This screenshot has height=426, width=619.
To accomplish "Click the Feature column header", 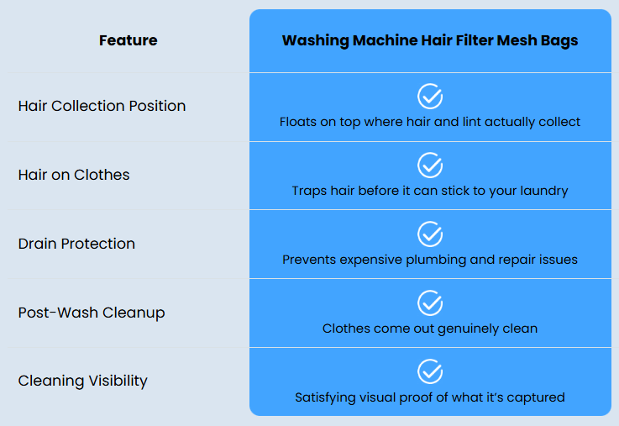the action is coord(128,40).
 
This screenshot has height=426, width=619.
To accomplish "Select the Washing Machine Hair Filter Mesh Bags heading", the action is coord(430,40).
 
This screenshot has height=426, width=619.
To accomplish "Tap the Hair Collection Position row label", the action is coord(102,106).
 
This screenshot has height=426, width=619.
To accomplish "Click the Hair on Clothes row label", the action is coord(74,175).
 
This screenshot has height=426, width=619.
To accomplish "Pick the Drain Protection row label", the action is coord(76,244).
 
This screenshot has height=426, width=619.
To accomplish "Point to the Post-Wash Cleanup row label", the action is coord(92,313).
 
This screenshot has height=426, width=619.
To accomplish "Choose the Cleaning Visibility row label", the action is coord(83,381).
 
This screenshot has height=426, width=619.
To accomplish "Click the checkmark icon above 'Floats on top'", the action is coord(430,96).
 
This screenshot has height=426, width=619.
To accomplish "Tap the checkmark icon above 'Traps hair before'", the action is coord(430,165).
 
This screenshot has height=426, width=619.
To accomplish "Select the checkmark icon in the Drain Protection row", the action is coord(430,234).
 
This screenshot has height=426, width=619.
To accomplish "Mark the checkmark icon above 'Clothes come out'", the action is coord(430,302).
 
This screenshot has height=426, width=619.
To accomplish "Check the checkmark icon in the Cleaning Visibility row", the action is coord(430,371).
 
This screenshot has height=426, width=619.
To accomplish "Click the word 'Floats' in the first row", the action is coord(298,122).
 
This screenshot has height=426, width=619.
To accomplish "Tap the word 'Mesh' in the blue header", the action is coord(514,40).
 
